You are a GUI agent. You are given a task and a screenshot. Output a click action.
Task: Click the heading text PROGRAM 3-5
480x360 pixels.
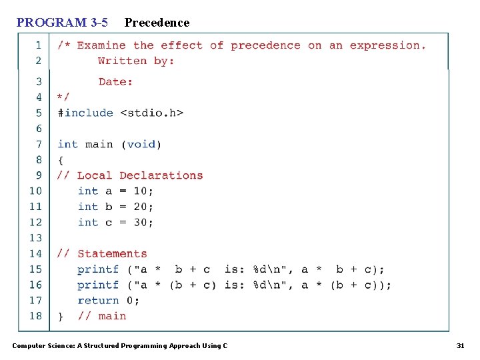pyautogui.click(x=62, y=23)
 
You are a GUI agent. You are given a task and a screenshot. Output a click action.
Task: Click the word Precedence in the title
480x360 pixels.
pyautogui.click(x=157, y=23)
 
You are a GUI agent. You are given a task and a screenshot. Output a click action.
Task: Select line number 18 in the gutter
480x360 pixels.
pyautogui.click(x=35, y=316)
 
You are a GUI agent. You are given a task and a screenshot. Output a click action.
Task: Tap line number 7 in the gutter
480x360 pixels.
pyautogui.click(x=38, y=144)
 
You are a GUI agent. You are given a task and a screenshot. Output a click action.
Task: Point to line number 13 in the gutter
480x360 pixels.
pyautogui.click(x=35, y=238)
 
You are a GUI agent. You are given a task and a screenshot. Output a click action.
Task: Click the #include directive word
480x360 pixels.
pyautogui.click(x=85, y=113)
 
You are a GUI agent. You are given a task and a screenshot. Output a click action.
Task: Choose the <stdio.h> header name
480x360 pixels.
pyautogui.click(x=151, y=113)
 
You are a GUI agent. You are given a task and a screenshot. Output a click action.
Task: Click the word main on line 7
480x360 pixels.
pyautogui.click(x=99, y=144)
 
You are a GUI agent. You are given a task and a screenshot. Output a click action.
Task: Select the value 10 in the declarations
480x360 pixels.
pyautogui.click(x=141, y=191)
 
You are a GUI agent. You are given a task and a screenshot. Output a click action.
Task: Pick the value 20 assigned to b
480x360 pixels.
pyautogui.click(x=141, y=207)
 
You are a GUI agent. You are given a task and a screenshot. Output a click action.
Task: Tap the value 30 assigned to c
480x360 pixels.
pyautogui.click(x=141, y=223)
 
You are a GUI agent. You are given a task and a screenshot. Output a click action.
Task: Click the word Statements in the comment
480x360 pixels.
pyautogui.click(x=112, y=254)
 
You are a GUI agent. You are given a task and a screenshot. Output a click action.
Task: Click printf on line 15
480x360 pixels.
pyautogui.click(x=98, y=269)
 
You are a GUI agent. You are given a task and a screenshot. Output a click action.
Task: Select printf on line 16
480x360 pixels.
pyautogui.click(x=98, y=285)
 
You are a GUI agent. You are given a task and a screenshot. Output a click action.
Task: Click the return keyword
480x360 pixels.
pyautogui.click(x=98, y=301)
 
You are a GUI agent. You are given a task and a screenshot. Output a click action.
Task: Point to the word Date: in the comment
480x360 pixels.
pyautogui.click(x=116, y=82)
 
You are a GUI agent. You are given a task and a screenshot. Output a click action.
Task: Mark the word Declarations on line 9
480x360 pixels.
pyautogui.click(x=161, y=175)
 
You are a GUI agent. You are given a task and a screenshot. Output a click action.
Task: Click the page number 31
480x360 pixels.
pyautogui.click(x=459, y=345)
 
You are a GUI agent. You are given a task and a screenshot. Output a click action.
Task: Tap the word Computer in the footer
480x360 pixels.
pyautogui.click(x=29, y=345)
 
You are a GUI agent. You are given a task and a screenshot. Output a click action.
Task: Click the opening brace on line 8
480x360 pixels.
pyautogui.click(x=61, y=160)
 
